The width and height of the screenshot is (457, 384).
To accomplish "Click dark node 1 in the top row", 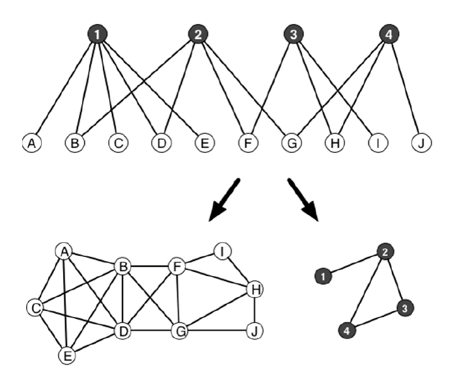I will (x=97, y=34).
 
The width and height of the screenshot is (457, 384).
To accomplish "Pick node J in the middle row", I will (x=422, y=143).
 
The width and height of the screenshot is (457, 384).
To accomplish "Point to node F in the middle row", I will (x=247, y=143).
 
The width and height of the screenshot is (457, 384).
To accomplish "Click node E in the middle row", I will (x=203, y=143).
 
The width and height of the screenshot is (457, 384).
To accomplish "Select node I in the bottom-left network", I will (x=223, y=251).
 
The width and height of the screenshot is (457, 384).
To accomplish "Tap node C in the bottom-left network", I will (x=35, y=307).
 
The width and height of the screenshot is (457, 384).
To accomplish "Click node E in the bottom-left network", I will (x=66, y=355).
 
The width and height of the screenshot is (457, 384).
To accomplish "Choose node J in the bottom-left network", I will (x=255, y=331).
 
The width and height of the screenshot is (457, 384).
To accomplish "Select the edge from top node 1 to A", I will (x=64, y=88).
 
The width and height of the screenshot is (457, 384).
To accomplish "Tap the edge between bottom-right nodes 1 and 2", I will (x=355, y=264).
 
